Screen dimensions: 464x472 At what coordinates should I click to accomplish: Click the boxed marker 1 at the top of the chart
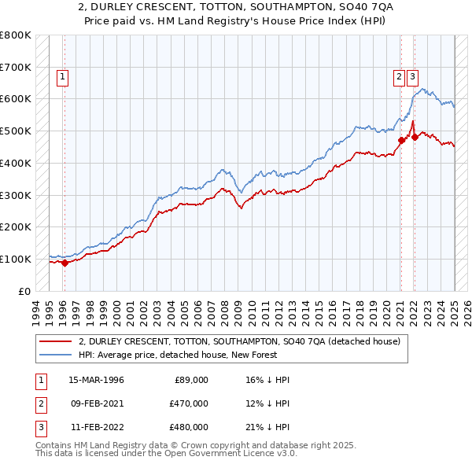[61, 76]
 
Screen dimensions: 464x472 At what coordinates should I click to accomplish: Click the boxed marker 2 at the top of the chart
[400, 76]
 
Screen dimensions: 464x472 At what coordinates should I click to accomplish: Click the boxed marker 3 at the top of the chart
[413, 76]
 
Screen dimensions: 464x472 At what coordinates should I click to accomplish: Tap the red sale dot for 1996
[65, 263]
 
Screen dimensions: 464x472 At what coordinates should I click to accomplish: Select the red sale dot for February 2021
[400, 141]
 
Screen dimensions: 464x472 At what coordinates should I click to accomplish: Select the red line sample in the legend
[55, 341]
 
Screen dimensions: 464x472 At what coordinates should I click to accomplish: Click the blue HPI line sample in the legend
[55, 355]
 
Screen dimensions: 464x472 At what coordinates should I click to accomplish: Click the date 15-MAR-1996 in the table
[96, 380]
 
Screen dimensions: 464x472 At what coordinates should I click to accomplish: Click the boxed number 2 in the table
[39, 403]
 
